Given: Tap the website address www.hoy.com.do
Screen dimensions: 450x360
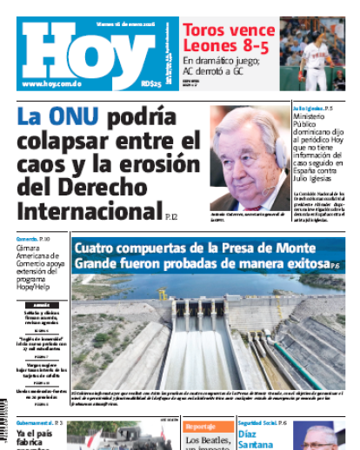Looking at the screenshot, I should click(x=52, y=83).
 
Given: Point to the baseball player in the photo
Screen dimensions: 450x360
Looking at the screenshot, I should click(x=317, y=56).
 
